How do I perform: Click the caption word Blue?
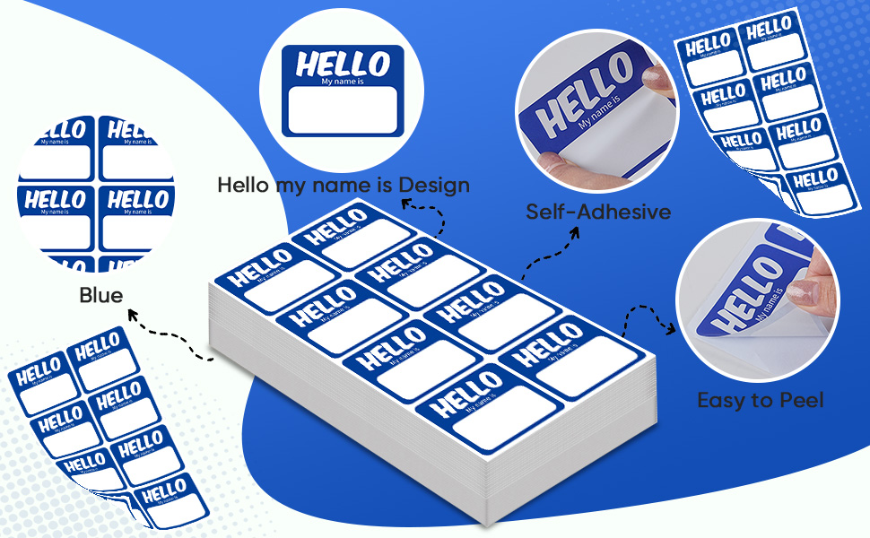[x=101, y=295]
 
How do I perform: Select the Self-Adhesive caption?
[x=598, y=212]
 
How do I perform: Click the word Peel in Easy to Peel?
[x=801, y=400]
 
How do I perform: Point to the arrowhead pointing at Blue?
[x=133, y=316]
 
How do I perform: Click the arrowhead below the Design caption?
[x=406, y=204]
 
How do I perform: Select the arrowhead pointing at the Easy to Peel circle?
[x=670, y=329]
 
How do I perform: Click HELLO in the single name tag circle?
[x=343, y=65]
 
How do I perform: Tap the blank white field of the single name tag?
[x=343, y=110]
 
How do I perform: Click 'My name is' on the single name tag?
[x=343, y=82]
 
